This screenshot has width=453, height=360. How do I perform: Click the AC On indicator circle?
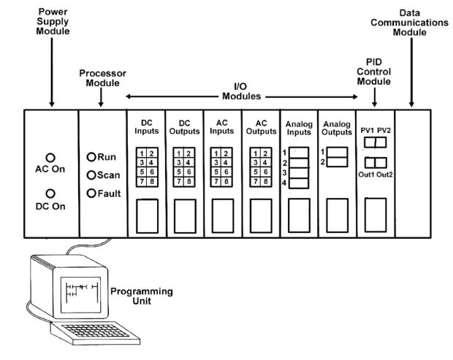pos(50,156)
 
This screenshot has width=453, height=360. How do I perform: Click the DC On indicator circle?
pos(50,194)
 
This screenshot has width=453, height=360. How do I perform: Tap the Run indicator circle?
pos(91,157)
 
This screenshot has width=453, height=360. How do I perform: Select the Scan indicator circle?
pos(91,175)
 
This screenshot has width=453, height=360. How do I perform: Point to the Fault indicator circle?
pos(91,194)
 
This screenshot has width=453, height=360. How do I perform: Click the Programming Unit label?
pos(141,296)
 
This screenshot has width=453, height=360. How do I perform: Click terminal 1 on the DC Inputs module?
pos(141,153)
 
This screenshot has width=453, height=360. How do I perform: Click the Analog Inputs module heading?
pos(298,129)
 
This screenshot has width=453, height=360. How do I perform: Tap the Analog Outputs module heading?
pos(337,129)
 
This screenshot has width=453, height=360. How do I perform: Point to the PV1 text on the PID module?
pos(367,131)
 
